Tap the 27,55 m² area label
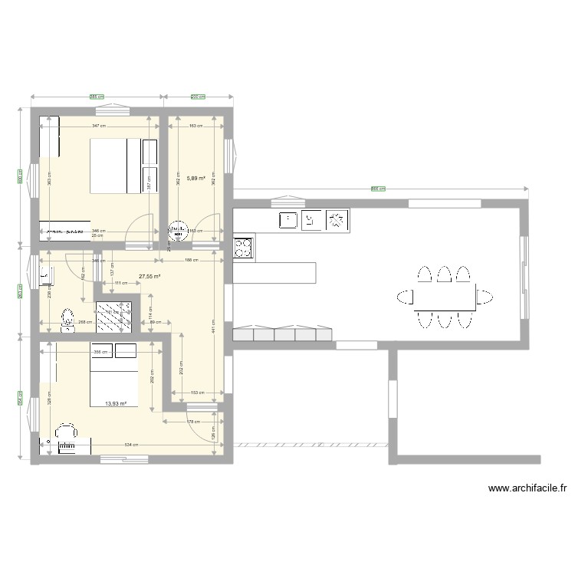(149, 277)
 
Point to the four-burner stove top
(243, 247)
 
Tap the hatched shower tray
(113, 317)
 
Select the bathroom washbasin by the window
(45, 273)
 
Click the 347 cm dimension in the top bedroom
(97, 125)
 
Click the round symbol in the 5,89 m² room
(178, 229)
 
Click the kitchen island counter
(274, 271)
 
